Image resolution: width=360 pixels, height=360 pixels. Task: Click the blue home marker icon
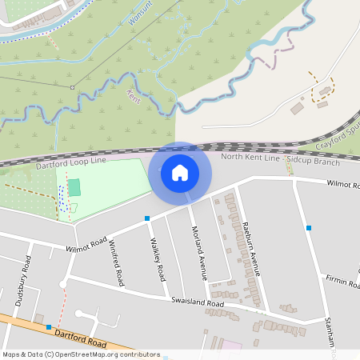click(x=180, y=172)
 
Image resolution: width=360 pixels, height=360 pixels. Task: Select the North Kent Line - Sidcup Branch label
click(x=279, y=158)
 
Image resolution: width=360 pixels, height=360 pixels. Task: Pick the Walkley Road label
click(x=157, y=258)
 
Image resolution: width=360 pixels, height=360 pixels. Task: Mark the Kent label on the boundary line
click(x=133, y=98)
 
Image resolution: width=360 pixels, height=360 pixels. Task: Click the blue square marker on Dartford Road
click(x=49, y=327)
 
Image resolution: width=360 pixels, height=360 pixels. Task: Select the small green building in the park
click(x=74, y=188)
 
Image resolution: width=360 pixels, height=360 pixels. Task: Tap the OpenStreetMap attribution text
click(x=80, y=354)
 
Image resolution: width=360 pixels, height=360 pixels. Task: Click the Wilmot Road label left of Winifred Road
click(x=86, y=246)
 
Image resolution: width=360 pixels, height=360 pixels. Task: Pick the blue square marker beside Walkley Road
click(x=147, y=218)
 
